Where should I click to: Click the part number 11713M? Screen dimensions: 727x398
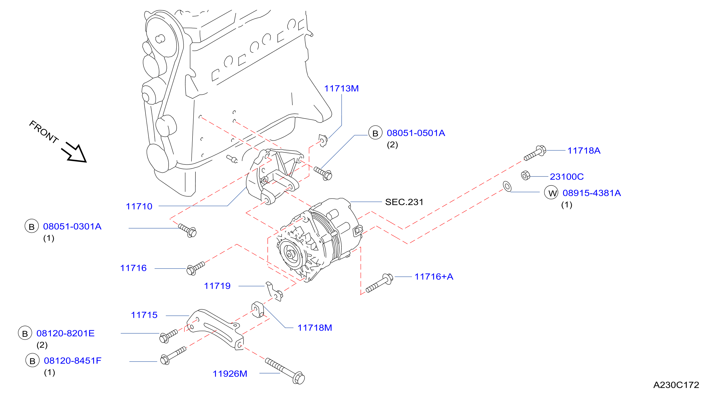(341, 89)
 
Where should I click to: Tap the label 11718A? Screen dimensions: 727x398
(584, 150)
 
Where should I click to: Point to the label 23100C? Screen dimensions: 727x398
(567, 177)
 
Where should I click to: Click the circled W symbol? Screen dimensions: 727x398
(551, 193)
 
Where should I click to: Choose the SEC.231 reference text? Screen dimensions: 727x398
(404, 202)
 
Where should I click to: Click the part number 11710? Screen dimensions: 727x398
(139, 206)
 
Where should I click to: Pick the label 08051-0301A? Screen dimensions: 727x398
(72, 226)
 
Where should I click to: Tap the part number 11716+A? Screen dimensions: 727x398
(434, 277)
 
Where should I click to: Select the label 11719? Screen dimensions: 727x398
(217, 286)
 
